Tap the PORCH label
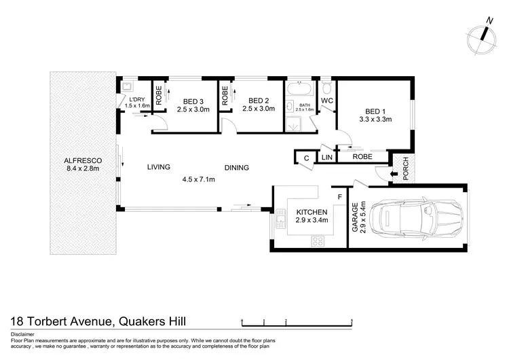407,173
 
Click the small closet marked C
307,158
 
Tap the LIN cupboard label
326,158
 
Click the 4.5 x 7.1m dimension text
198,179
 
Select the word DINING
237,167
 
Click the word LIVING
158,166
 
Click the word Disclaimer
24,334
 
